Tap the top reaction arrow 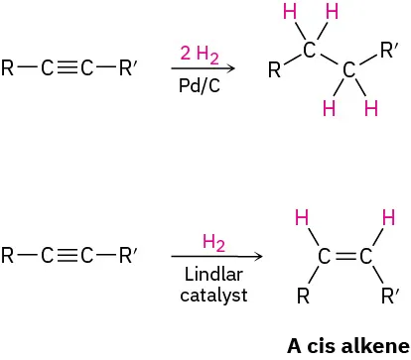click(203, 69)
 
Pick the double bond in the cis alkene click(343, 258)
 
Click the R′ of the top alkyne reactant click(129, 69)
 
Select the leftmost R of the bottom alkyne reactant click(8, 257)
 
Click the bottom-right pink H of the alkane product click(371, 108)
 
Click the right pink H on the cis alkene click(388, 217)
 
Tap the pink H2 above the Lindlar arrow click(213, 241)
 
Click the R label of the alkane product click(275, 70)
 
